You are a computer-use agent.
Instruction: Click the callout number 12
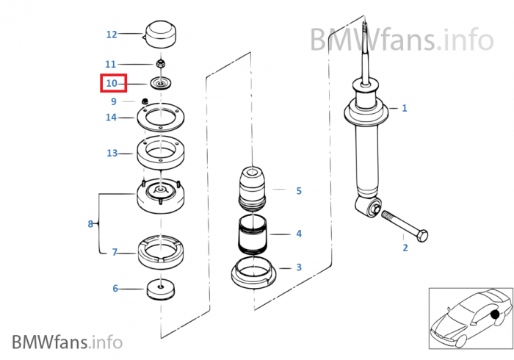[x=112, y=34]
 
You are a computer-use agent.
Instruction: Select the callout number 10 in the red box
[x=112, y=83]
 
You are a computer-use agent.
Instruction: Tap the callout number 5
[x=299, y=191]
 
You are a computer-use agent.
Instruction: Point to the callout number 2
[x=405, y=248]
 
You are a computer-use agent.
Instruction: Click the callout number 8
[x=90, y=223]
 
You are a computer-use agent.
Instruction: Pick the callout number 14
[x=112, y=117]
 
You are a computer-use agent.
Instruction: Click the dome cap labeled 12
[x=161, y=33]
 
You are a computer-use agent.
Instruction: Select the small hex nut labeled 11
[x=162, y=64]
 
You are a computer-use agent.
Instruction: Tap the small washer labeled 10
[x=161, y=83]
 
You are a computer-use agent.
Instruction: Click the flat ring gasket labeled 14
[x=160, y=117]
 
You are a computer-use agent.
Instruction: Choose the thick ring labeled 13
[x=160, y=154]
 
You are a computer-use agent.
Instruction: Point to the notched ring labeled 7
[x=161, y=251]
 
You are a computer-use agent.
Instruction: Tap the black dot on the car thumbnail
[x=494, y=315]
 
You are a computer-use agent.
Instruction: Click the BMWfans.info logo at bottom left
[x=67, y=342]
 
